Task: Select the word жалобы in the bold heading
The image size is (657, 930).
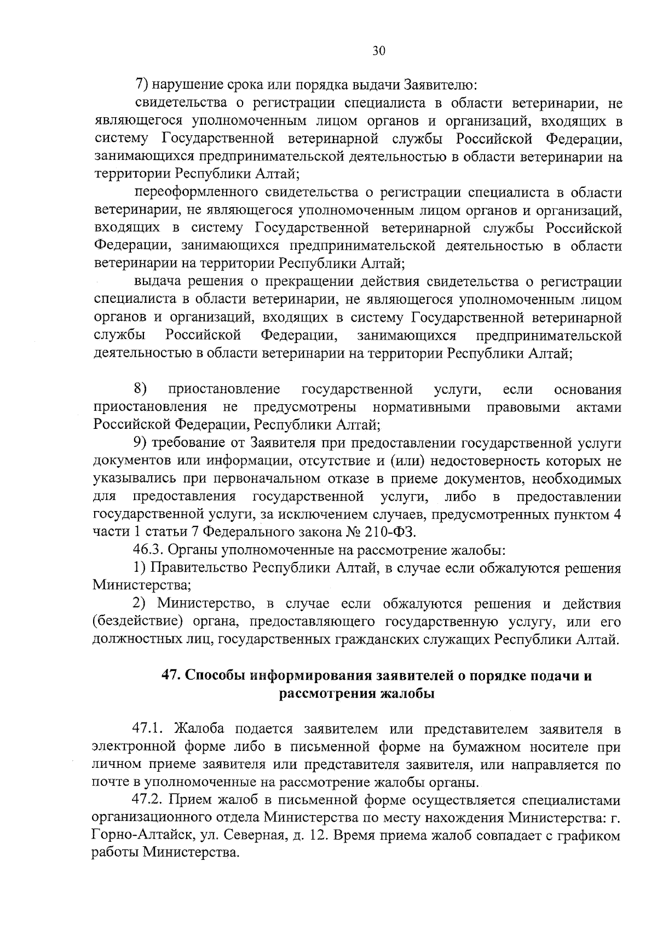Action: pyautogui.click(x=407, y=693)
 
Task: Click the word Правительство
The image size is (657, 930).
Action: pyautogui.click(x=199, y=567)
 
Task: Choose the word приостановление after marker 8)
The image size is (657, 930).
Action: pyautogui.click(x=224, y=389)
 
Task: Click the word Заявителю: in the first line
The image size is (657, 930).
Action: pyautogui.click(x=441, y=85)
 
